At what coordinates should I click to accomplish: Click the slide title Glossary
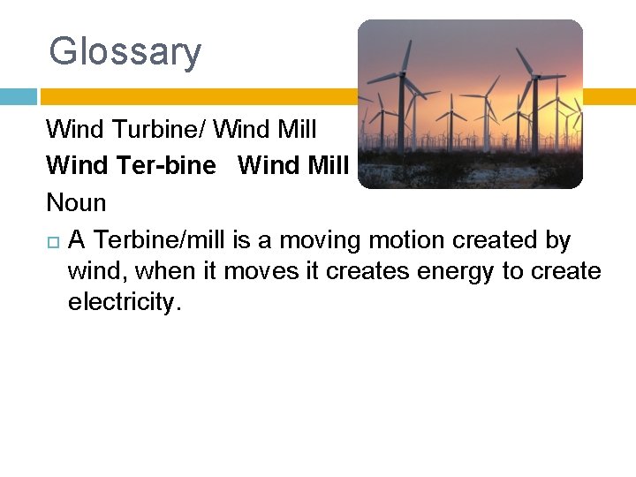[125, 51]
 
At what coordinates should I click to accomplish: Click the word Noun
[76, 202]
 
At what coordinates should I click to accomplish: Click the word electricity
[125, 303]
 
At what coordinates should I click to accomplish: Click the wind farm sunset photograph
[470, 104]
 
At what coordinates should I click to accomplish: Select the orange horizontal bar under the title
[194, 96]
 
